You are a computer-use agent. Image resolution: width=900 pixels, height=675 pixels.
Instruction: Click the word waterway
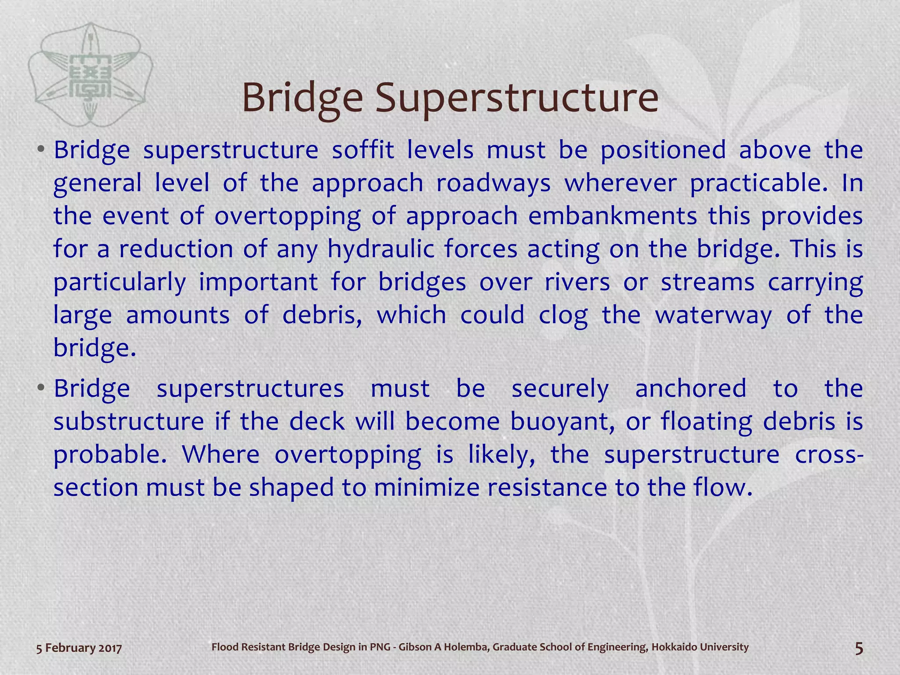[x=713, y=316]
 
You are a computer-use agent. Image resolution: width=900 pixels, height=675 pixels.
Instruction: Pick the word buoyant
[x=562, y=422]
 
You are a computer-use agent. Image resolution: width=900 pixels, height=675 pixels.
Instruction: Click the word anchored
[x=691, y=388]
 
